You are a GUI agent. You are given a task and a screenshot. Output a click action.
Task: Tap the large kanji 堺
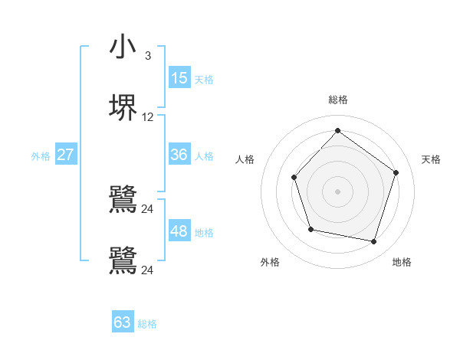tap(123, 108)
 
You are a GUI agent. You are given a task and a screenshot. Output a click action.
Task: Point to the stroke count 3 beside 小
tap(147, 56)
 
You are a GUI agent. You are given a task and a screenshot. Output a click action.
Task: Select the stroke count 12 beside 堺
tap(148, 117)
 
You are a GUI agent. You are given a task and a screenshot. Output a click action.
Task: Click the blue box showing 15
tap(179, 78)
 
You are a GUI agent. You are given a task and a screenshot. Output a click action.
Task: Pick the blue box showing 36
tap(179, 155)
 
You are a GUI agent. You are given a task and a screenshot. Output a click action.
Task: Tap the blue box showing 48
tap(179, 231)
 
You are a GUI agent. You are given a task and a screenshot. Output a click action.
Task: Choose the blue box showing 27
tap(66, 155)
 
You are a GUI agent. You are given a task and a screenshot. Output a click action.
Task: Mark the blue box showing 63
tap(123, 322)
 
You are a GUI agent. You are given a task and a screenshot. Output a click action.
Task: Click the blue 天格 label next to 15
tap(204, 80)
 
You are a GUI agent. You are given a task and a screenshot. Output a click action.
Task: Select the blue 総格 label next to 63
tap(147, 324)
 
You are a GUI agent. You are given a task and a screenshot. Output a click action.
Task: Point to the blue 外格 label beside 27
tap(41, 156)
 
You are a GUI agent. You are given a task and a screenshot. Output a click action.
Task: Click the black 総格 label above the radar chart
tap(338, 100)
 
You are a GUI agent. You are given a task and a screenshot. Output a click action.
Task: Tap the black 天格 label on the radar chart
tap(432, 159)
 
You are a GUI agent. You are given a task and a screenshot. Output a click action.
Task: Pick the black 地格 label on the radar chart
tap(402, 262)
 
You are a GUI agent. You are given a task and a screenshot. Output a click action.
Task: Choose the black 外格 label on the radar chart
tap(270, 262)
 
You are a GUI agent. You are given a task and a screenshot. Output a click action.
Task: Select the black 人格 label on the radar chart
tap(245, 159)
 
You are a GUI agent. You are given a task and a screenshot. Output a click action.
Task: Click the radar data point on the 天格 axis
tap(396, 172)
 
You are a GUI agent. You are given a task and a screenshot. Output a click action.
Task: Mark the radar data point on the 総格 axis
tap(337, 131)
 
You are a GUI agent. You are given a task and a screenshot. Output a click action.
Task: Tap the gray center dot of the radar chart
tap(337, 191)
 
